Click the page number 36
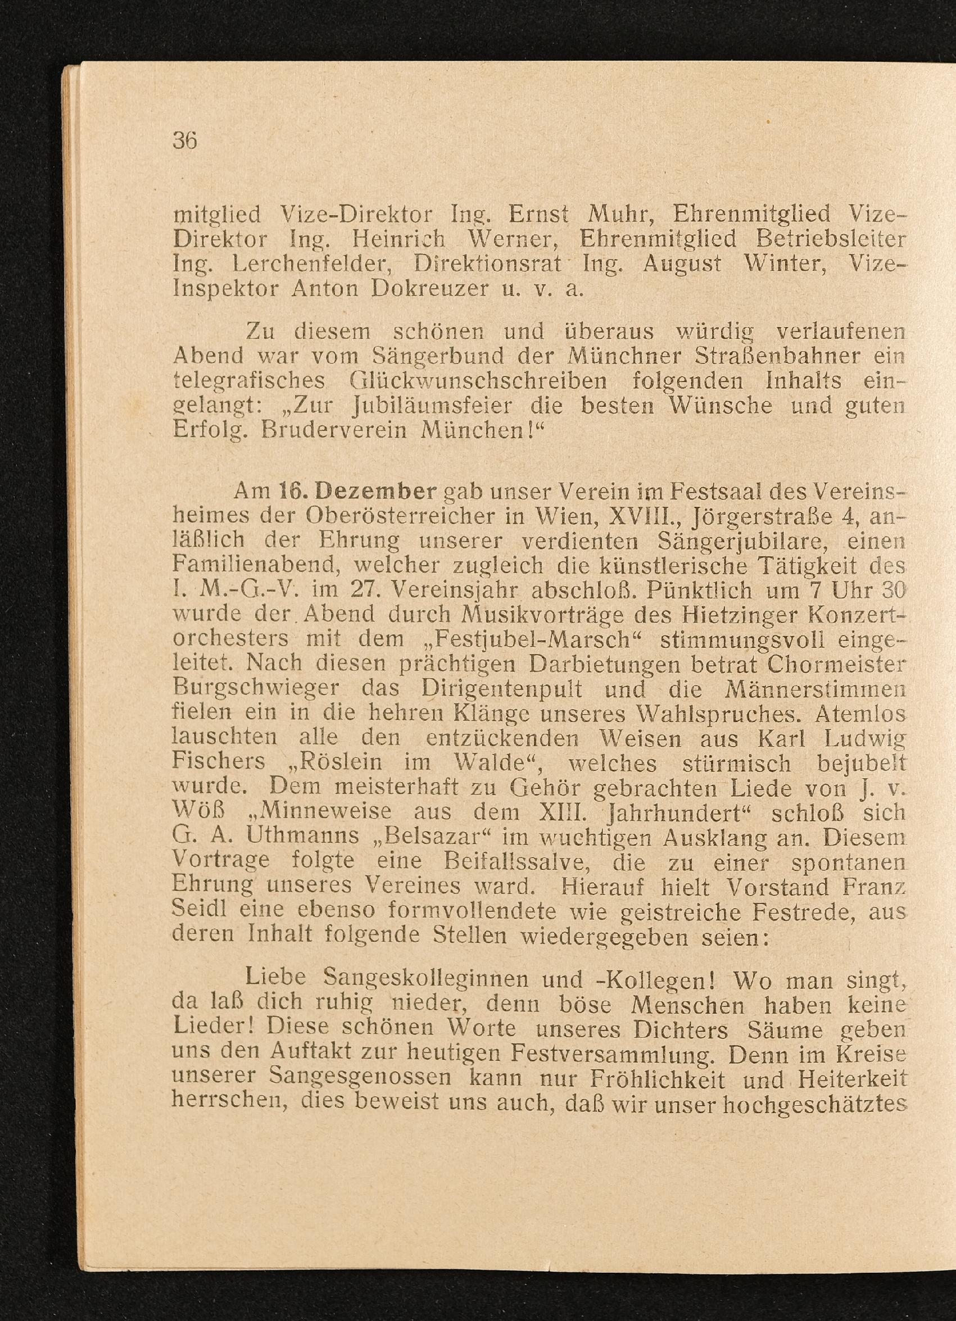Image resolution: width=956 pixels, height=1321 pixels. click(185, 141)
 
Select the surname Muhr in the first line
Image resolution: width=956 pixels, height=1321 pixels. click(618, 216)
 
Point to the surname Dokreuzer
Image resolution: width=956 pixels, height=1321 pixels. click(429, 289)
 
